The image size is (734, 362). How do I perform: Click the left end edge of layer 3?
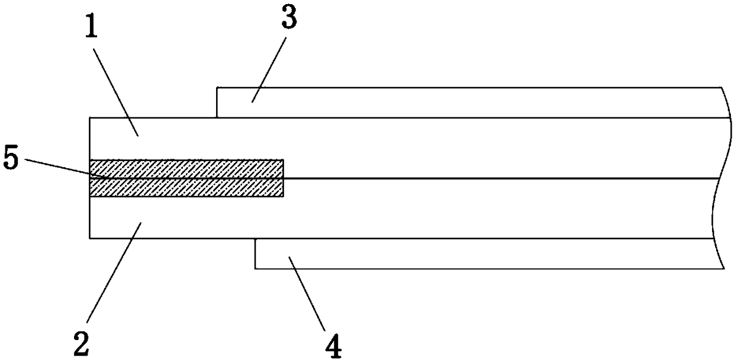(217, 102)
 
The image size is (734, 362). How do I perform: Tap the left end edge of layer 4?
(255, 254)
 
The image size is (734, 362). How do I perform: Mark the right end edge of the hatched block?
(284, 178)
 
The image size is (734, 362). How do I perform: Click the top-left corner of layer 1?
(89, 117)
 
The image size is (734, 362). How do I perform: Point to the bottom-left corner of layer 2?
(89, 238)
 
